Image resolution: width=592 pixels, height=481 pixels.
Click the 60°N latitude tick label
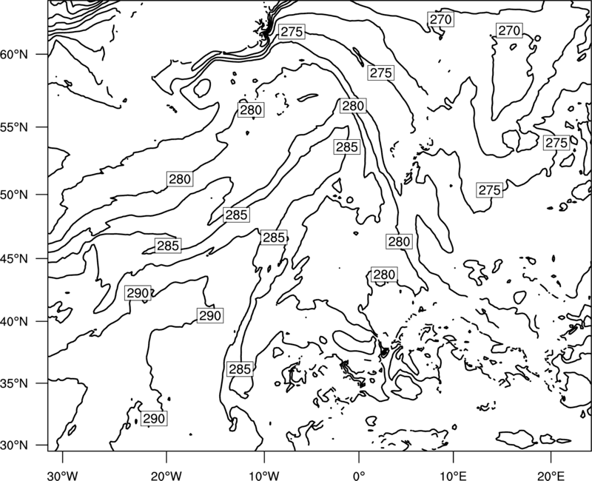click(x=14, y=55)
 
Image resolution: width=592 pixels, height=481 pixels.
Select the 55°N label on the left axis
click(x=14, y=127)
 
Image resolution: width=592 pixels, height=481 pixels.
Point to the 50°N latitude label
click(x=14, y=195)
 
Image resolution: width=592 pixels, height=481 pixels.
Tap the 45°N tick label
click(x=14, y=259)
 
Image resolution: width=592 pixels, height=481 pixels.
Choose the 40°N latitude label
click(x=14, y=322)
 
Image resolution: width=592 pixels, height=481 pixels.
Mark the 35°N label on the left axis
click(x=14, y=383)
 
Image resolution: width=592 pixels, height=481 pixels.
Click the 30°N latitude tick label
click(x=14, y=445)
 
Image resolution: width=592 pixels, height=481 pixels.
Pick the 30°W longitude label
click(x=62, y=475)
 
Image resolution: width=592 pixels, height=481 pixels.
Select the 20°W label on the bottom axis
click(x=166, y=475)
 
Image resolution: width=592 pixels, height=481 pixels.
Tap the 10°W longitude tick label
click(x=264, y=475)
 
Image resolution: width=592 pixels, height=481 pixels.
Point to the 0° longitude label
click(x=359, y=475)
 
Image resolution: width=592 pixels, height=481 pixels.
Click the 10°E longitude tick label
click(x=453, y=475)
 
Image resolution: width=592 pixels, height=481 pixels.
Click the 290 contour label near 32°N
click(x=154, y=418)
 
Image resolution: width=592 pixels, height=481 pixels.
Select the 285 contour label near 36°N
click(x=240, y=369)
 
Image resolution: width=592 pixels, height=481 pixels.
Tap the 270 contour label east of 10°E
click(x=509, y=30)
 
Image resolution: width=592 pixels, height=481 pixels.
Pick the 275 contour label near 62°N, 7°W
click(x=292, y=32)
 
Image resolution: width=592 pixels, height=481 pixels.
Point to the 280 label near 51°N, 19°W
click(x=180, y=179)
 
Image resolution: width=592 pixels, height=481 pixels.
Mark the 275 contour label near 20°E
click(x=556, y=143)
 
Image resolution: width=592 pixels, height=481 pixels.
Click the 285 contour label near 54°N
click(x=346, y=147)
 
